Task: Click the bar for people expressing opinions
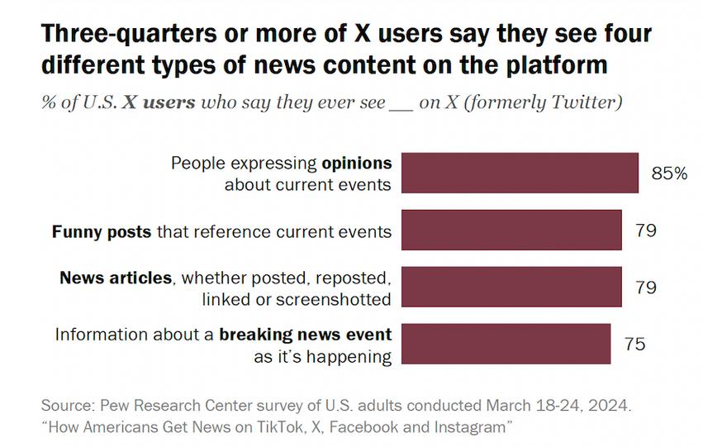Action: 521,174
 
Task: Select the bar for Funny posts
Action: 513,230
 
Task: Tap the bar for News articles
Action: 513,287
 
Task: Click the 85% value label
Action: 669,174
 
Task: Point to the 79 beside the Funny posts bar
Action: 646,230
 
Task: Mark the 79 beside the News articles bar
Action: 646,287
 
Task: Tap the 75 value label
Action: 634,344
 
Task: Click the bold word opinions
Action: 357,162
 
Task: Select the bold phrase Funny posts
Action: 101,231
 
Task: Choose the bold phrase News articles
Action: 115,277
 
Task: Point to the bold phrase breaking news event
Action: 305,335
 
